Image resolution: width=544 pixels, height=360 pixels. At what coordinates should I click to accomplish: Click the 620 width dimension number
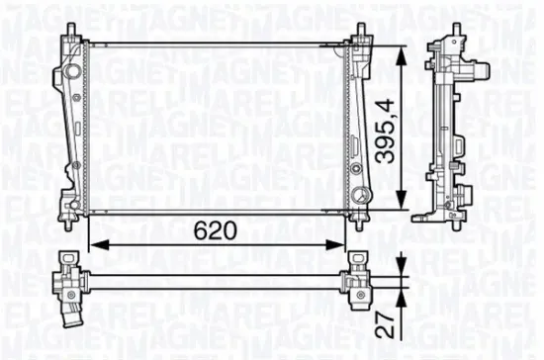tap(215, 231)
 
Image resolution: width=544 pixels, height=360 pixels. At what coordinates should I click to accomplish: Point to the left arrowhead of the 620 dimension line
tap(94, 244)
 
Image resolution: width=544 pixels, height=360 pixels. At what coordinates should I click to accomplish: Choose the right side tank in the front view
tap(358, 124)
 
